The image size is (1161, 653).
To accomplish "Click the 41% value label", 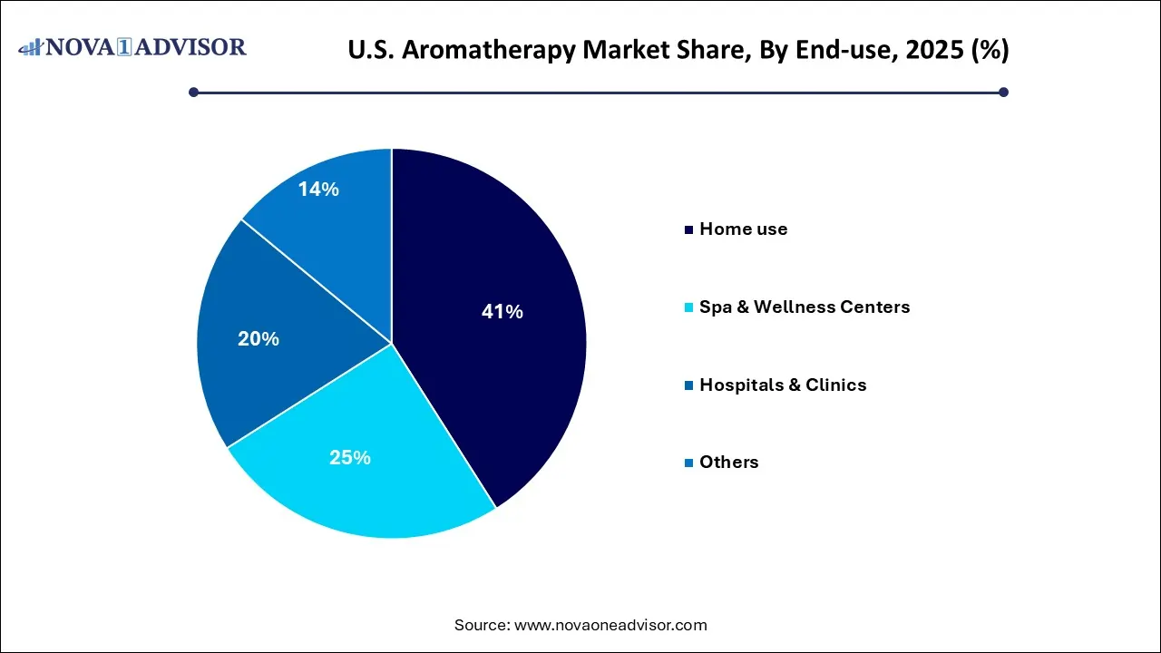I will click(x=502, y=312).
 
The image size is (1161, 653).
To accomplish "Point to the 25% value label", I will click(x=349, y=458).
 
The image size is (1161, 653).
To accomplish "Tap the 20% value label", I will click(x=258, y=339).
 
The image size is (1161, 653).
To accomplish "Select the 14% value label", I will click(x=318, y=190).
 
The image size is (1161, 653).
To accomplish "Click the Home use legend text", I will click(x=743, y=229).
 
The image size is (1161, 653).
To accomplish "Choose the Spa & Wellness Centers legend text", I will click(x=805, y=307).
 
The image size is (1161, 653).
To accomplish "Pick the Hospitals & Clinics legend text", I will click(x=783, y=385).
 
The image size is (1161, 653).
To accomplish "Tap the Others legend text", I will click(x=728, y=463).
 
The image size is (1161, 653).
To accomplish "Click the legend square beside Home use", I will click(x=689, y=230).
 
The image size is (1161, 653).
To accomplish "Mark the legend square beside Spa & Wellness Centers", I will click(x=689, y=308).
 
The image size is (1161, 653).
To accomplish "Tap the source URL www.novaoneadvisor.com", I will click(x=610, y=625).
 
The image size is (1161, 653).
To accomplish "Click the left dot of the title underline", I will click(x=193, y=92).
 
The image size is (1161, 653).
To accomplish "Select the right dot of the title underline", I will click(x=1003, y=92).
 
